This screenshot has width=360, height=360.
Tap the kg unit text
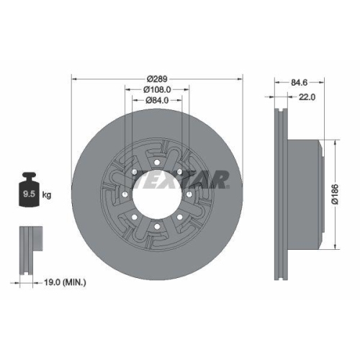(46, 194)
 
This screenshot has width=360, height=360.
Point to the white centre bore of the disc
(156, 194)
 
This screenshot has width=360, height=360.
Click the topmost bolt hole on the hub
(156, 161)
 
